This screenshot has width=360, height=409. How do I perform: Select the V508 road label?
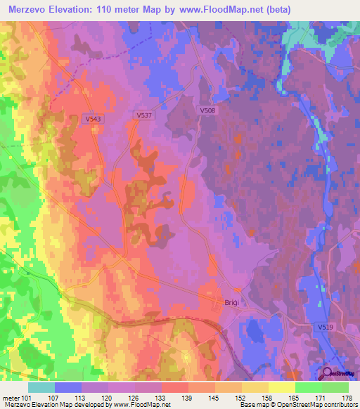[x=207, y=110]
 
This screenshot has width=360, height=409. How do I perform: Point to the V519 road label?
[x=326, y=327]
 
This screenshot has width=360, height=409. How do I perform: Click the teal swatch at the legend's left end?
[x=41, y=387]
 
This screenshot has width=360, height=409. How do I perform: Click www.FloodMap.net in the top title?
[x=219, y=8]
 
